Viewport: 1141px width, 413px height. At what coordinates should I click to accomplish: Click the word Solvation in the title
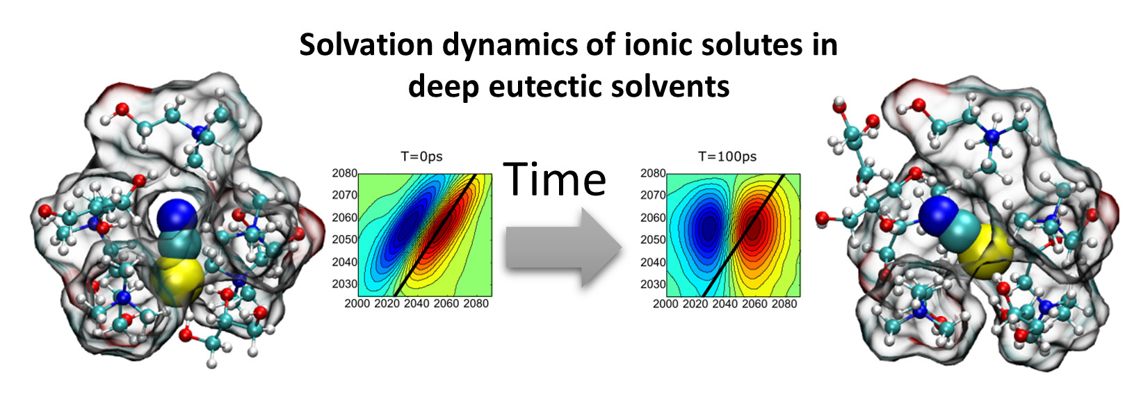coord(366,44)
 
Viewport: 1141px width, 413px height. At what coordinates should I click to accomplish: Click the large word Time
coord(555,179)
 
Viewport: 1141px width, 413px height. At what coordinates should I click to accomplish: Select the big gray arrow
coord(564,248)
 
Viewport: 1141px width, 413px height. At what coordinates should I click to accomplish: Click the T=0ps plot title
coord(421,156)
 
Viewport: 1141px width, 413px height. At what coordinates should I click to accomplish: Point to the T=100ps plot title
coord(727,156)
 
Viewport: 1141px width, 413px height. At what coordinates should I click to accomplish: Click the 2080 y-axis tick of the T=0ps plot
coord(345,173)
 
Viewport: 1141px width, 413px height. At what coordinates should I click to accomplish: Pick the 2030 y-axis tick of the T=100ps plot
coord(653,284)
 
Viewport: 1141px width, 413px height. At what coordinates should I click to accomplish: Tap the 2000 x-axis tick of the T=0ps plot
coord(357,304)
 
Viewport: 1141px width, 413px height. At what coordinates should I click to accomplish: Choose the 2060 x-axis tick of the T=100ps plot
coord(754,304)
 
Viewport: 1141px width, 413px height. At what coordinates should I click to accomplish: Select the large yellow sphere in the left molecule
coord(179,279)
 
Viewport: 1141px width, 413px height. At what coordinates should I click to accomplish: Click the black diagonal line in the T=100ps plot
coord(743,235)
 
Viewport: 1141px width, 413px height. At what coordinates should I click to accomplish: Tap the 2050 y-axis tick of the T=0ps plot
coord(345,239)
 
